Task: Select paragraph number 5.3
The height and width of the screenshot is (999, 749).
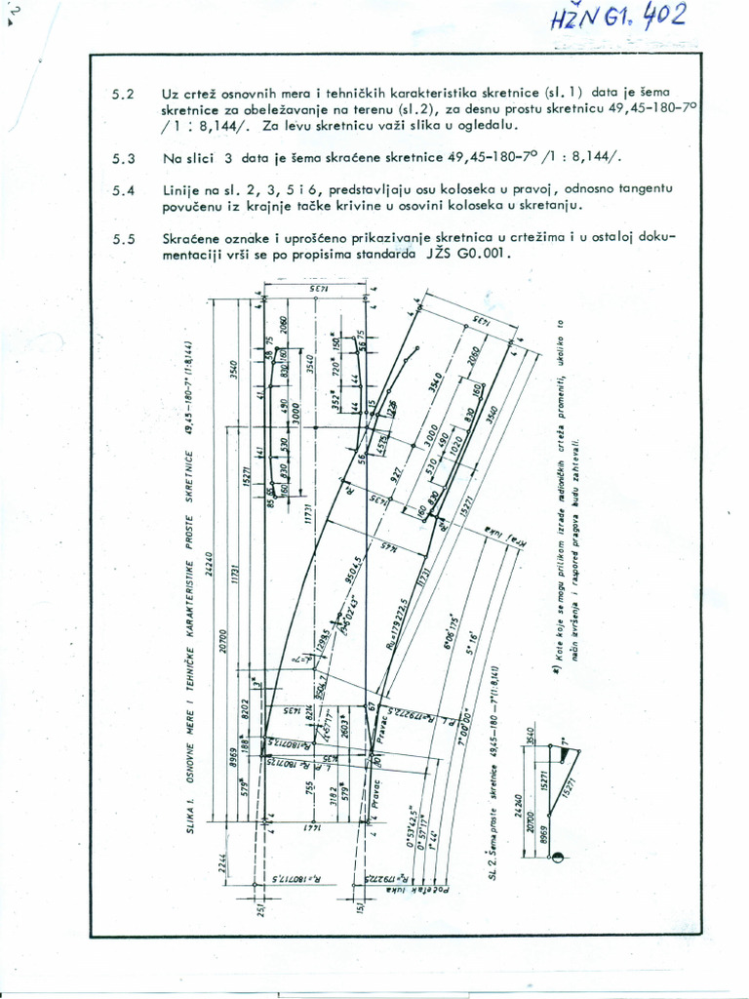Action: tap(123, 158)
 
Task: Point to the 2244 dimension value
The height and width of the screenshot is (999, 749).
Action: tap(223, 860)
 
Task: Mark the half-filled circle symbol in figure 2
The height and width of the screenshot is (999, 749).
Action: tap(559, 858)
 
